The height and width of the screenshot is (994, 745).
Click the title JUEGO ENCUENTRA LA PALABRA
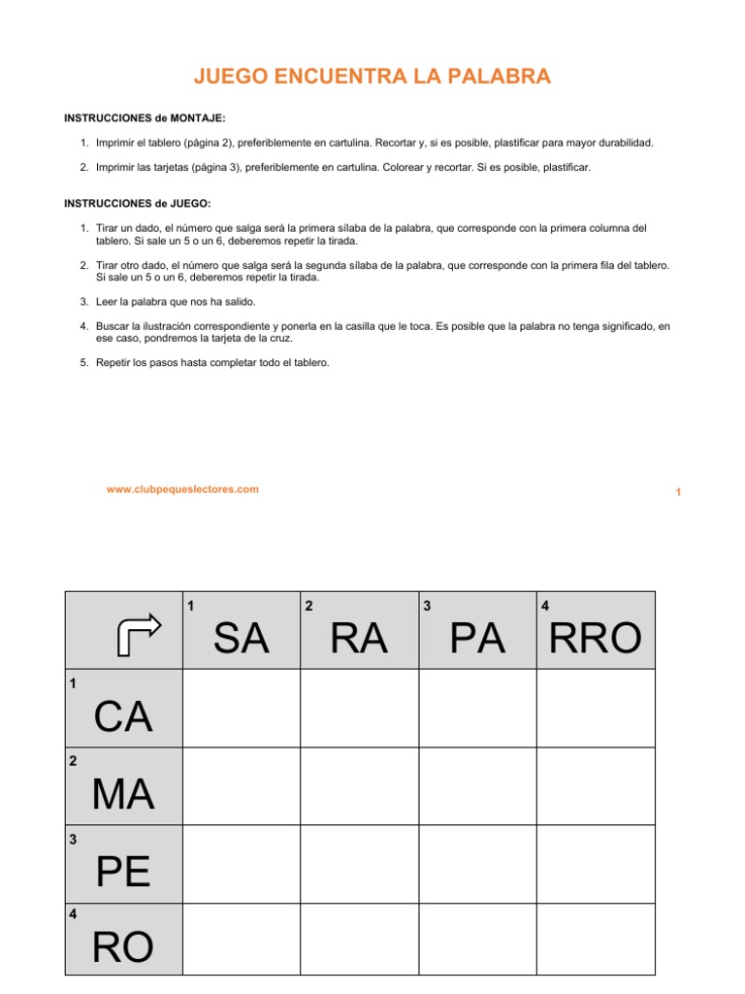click(372, 77)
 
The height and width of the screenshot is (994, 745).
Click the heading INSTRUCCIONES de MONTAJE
click(145, 117)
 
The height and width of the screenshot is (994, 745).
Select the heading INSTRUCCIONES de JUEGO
click(137, 203)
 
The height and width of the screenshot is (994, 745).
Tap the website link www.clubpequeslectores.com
click(182, 489)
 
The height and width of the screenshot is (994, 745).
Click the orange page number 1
click(678, 493)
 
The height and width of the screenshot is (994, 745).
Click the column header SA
click(242, 640)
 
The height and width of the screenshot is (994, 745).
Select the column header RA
click(359, 640)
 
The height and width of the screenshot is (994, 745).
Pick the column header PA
click(477, 640)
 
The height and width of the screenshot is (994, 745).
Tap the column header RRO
click(596, 640)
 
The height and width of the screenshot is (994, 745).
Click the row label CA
click(123, 717)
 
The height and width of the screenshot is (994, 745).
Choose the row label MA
click(123, 795)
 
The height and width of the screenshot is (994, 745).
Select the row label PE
click(123, 872)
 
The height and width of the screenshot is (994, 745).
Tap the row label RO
click(123, 947)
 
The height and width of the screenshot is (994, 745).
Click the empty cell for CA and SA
click(242, 709)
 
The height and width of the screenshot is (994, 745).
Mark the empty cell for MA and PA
click(477, 786)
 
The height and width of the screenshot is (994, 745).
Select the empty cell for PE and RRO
click(596, 863)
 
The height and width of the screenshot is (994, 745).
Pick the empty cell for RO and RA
click(359, 938)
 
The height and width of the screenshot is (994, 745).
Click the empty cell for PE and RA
click(359, 863)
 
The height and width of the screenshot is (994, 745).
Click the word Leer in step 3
click(107, 302)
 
